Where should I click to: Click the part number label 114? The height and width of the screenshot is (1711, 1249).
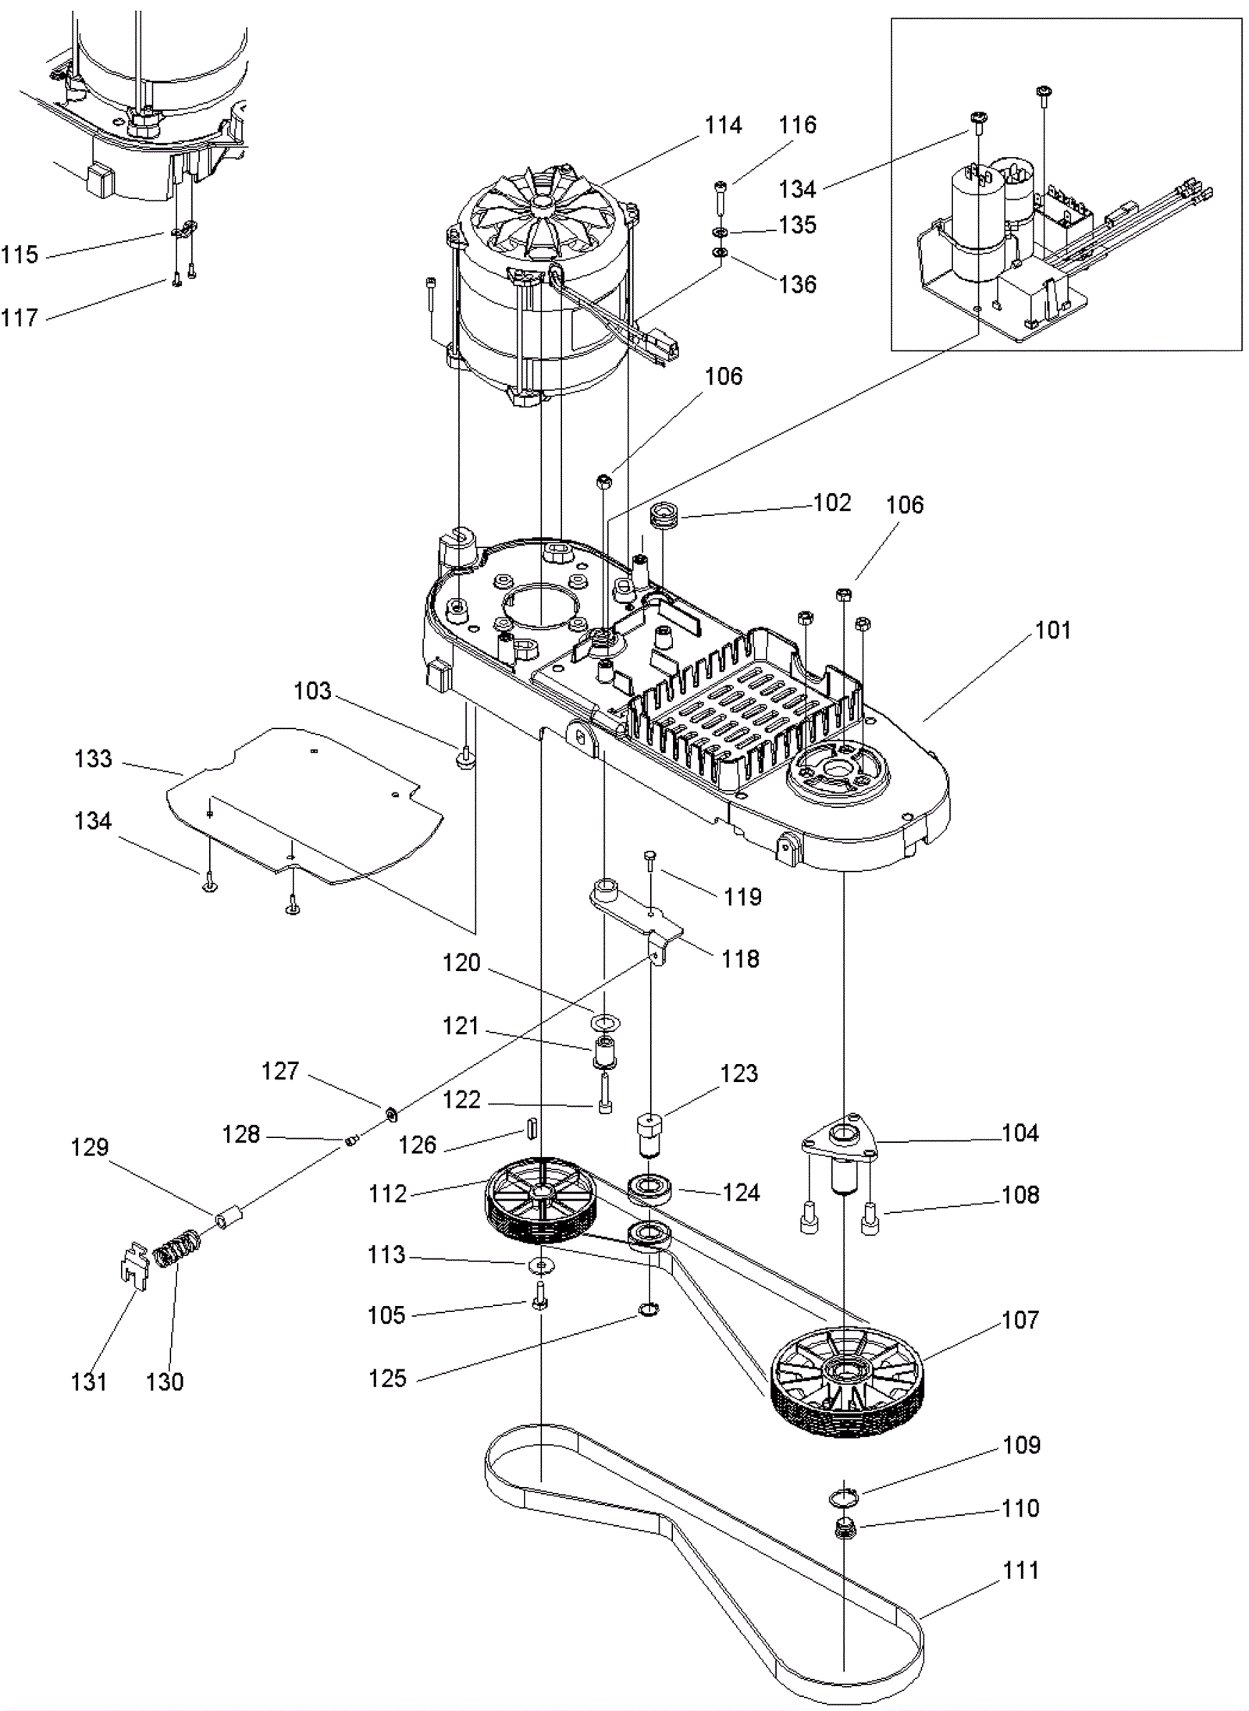click(x=723, y=125)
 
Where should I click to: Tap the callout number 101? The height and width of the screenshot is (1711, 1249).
click(x=1052, y=630)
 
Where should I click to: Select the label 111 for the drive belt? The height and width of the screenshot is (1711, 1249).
click(x=1020, y=1570)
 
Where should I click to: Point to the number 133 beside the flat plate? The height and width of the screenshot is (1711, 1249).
click(x=93, y=759)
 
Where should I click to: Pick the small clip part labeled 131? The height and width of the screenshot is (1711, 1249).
click(x=135, y=1261)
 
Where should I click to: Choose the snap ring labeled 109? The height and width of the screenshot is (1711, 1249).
click(x=843, y=1496)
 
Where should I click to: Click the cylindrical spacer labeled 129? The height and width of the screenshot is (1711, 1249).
click(x=229, y=1218)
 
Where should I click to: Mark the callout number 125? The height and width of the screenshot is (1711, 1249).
click(x=387, y=1378)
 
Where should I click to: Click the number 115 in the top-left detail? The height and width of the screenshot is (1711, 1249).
click(x=19, y=254)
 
